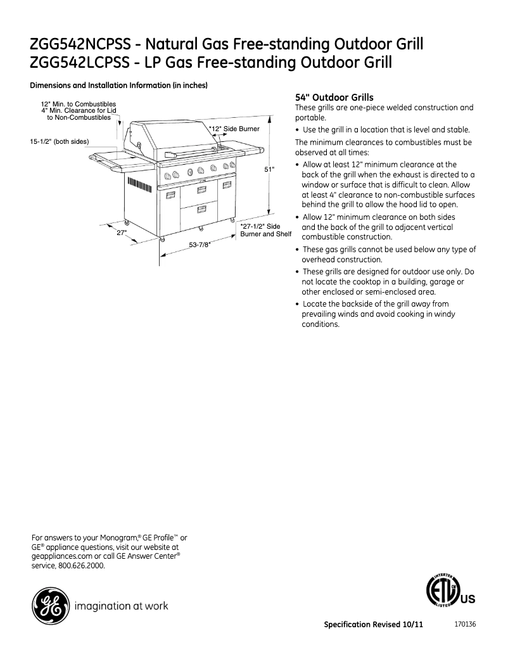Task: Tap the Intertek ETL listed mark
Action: pos(442,592)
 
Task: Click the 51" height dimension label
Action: pos(269,169)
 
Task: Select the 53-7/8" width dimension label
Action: pos(200,244)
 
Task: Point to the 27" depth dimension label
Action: pos(122,233)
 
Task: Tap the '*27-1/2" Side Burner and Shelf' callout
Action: pos(265,230)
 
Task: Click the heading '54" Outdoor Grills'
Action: pos(334,98)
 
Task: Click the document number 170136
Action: pos(465,624)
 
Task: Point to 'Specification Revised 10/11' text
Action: pos(373,625)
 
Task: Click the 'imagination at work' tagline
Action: pos(122,606)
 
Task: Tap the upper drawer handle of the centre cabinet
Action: pos(202,189)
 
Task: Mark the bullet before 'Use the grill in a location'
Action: pos(298,130)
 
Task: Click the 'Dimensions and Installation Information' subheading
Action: pos(120,86)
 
